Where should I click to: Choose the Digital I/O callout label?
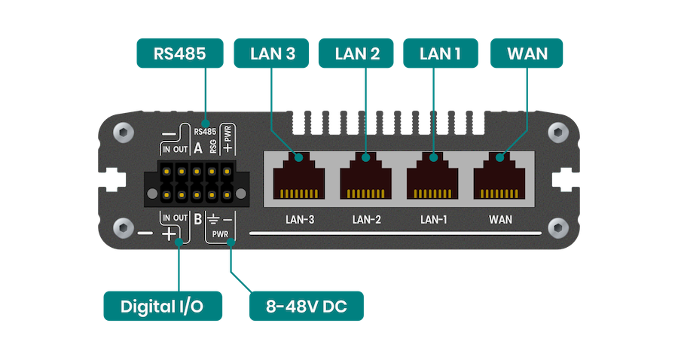pyautogui.click(x=162, y=307)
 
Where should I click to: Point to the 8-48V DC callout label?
pyautogui.click(x=307, y=307)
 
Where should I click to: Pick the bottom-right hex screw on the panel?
pyautogui.click(x=557, y=227)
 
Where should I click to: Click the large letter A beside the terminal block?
pyautogui.click(x=197, y=148)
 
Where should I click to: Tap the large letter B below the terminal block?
pyautogui.click(x=197, y=220)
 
